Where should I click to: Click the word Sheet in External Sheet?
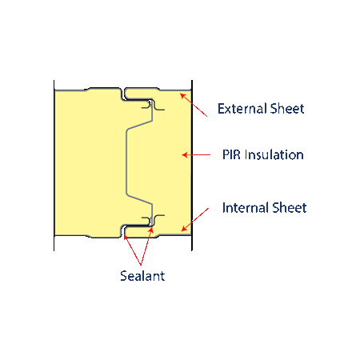[287, 109]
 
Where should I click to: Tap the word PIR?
[231, 154]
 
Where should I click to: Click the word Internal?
[246, 208]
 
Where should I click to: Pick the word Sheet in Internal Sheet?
[290, 208]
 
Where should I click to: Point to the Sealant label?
[142, 276]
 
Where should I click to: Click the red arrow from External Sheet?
[194, 105]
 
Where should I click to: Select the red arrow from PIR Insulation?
[196, 154]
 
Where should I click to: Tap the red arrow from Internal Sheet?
[195, 220]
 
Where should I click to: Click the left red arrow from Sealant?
[133, 250]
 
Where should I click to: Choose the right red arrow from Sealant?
[146, 246]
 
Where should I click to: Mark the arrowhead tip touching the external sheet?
[180, 94]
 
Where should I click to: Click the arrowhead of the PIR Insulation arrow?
[182, 154]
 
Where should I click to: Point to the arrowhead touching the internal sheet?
[182, 231]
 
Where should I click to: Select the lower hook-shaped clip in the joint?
[153, 220]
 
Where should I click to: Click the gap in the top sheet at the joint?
[123, 94]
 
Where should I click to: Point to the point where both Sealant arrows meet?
[141, 266]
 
